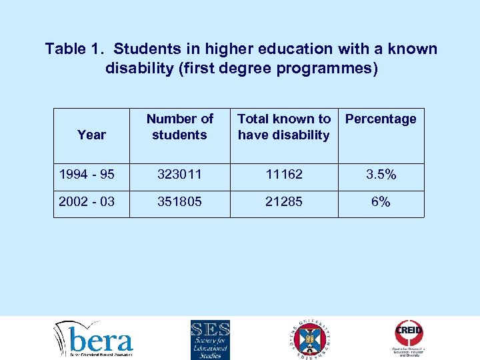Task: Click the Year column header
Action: pos(91,135)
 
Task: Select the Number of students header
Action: pos(179,127)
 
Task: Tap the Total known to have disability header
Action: pos(283,127)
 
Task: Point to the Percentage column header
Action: pos(381,119)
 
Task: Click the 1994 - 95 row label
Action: pos(87,175)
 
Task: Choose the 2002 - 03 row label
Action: pos(87,202)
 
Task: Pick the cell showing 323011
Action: pos(179,175)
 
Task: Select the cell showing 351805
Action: pos(179,202)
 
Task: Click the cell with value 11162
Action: pos(283,175)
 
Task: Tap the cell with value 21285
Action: pos(283,202)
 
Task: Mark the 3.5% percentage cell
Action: pos(381,175)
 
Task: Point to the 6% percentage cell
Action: pos(381,202)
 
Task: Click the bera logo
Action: pos(94,339)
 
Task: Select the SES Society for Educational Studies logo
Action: pos(210,339)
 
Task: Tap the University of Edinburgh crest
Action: pos(311,339)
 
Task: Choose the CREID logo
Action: pos(409,338)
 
